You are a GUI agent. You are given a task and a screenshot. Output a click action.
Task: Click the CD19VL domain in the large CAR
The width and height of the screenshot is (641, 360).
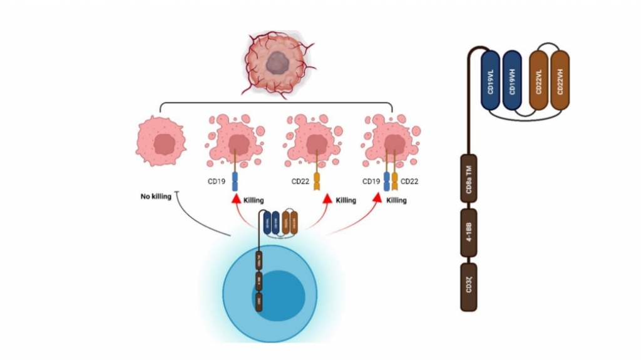coord(491,80)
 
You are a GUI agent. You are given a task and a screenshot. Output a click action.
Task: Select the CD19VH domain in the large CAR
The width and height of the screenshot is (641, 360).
coord(512,80)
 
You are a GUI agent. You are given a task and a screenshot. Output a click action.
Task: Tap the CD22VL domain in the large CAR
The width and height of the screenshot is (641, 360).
coord(539,80)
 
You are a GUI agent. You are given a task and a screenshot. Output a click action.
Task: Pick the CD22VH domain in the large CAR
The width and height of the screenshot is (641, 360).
coord(560,80)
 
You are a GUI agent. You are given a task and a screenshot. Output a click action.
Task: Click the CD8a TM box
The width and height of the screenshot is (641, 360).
coord(469,181)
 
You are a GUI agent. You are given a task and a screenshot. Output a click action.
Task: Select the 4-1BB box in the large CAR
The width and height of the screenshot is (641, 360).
coord(469,235)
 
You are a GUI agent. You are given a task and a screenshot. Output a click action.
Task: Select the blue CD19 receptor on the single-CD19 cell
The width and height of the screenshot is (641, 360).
coord(236,181)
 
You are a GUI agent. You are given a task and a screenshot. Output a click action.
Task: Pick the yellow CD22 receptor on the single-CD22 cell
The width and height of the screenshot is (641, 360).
coord(317,181)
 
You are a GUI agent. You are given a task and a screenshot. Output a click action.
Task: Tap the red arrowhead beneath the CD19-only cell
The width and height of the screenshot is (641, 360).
coord(236,200)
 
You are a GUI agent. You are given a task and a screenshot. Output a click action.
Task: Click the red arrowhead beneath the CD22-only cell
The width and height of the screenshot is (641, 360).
coord(327,200)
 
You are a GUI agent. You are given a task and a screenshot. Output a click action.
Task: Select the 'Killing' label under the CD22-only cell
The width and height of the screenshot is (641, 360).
coord(346,200)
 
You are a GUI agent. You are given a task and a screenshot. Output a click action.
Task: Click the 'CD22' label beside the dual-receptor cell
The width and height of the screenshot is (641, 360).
coord(409,182)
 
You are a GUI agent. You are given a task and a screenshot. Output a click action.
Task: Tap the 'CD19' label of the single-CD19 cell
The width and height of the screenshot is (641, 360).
coord(217,182)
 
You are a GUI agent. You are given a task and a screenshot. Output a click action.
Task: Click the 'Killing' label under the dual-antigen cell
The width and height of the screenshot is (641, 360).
coord(396,200)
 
